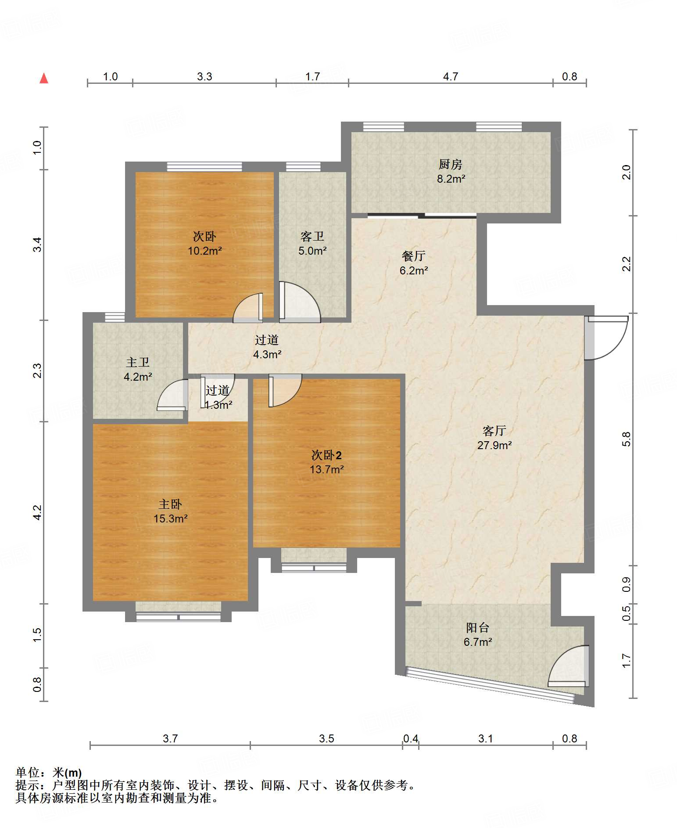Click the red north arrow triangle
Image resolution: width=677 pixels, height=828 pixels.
coord(44,78)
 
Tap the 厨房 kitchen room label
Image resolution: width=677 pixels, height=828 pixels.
coord(450,164)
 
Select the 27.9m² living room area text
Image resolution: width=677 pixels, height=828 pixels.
coord(494,445)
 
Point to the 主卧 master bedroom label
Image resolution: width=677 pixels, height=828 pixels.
coord(170,504)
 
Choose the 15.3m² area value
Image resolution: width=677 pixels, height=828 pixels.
coord(170,518)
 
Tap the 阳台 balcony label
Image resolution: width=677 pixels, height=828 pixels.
coord(477,627)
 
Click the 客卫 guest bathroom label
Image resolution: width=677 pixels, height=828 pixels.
coord(312,237)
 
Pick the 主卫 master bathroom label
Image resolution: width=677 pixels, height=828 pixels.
coord(138,362)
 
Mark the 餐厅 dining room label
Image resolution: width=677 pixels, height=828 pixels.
coord(413,256)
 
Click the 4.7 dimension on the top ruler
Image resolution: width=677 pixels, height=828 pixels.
coord(450,77)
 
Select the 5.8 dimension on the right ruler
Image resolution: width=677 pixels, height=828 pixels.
coord(627,439)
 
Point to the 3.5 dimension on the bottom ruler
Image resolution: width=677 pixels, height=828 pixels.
coord(326,738)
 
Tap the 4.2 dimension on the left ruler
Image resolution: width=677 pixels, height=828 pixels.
coord(38,512)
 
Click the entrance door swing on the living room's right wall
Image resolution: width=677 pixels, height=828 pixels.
coord(606,338)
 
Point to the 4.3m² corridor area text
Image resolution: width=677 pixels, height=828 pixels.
coord(267,354)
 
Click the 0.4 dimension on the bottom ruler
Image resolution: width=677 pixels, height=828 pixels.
coord(411,738)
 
